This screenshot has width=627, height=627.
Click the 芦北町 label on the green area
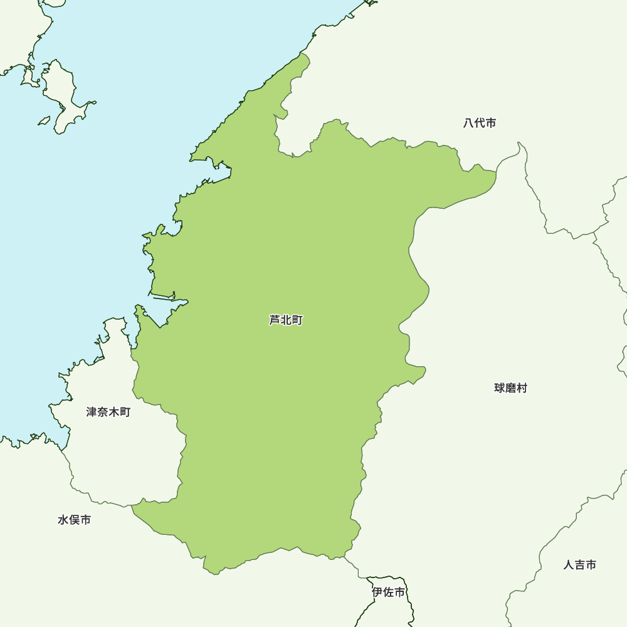[x=286, y=320]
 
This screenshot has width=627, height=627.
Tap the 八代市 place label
[x=480, y=124]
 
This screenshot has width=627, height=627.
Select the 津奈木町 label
[x=108, y=412]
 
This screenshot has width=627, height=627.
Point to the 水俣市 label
[x=74, y=520]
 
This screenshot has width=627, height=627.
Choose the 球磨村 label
[x=510, y=388]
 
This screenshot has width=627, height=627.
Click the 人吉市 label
[x=579, y=565]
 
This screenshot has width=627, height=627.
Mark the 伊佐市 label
[x=388, y=592]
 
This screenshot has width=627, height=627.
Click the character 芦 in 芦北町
[x=275, y=320]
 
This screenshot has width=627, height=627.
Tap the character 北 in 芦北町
[x=286, y=320]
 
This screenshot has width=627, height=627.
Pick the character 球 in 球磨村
[x=500, y=388]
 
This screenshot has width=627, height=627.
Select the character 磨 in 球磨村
[x=510, y=388]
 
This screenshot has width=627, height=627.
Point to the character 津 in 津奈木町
[x=92, y=412]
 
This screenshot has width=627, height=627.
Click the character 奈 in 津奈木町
[x=103, y=412]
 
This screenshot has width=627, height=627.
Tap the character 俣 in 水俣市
[x=74, y=520]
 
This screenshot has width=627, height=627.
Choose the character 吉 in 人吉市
[x=579, y=565]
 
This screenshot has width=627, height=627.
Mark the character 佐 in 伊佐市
[x=388, y=592]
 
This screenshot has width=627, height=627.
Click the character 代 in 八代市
[x=480, y=124]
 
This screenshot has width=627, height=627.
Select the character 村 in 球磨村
[x=522, y=388]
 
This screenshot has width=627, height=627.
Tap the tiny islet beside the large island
[x=44, y=120]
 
